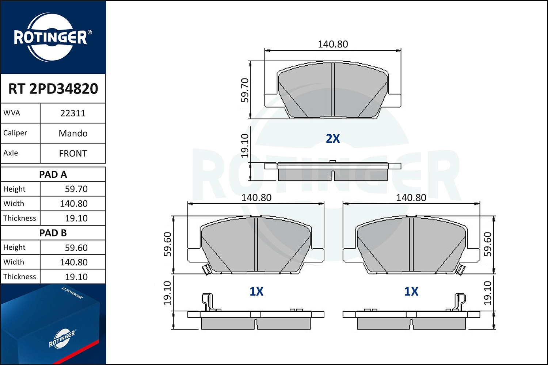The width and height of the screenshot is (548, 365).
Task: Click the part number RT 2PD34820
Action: pyautogui.click(x=53, y=89)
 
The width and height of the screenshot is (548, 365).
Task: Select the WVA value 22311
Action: pyautogui.click(x=73, y=113)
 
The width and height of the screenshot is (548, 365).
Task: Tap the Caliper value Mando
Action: pyautogui.click(x=73, y=133)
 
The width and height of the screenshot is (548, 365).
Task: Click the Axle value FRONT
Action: pyautogui.click(x=73, y=154)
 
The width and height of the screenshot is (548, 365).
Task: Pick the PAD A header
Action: pyautogui.click(x=53, y=174)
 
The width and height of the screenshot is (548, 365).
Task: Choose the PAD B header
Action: pyautogui.click(x=53, y=233)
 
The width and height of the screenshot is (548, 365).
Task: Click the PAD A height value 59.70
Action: pyautogui.click(x=76, y=189)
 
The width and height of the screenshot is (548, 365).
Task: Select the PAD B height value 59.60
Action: pyautogui.click(x=76, y=248)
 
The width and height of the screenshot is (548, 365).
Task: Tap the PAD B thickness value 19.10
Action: pyautogui.click(x=76, y=277)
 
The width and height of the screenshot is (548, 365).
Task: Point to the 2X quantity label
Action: pyautogui.click(x=333, y=139)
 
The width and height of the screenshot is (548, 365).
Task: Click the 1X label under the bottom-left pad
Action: pyautogui.click(x=256, y=291)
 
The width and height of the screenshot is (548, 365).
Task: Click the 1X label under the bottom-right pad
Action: pyautogui.click(x=411, y=291)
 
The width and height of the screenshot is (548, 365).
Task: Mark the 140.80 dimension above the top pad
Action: pyautogui.click(x=333, y=44)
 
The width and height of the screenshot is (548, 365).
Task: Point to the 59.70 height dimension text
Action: pyautogui.click(x=245, y=90)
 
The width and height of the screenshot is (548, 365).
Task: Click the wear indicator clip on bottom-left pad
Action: pyautogui.click(x=206, y=269)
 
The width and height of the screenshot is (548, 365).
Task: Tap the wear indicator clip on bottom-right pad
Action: pyautogui.click(x=461, y=269)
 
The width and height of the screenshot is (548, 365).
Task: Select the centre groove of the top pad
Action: pyautogui.click(x=333, y=89)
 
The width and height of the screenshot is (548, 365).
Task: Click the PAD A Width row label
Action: pyautogui.click(x=14, y=204)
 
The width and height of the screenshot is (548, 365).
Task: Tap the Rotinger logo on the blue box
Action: pyautogui.click(x=62, y=338)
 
